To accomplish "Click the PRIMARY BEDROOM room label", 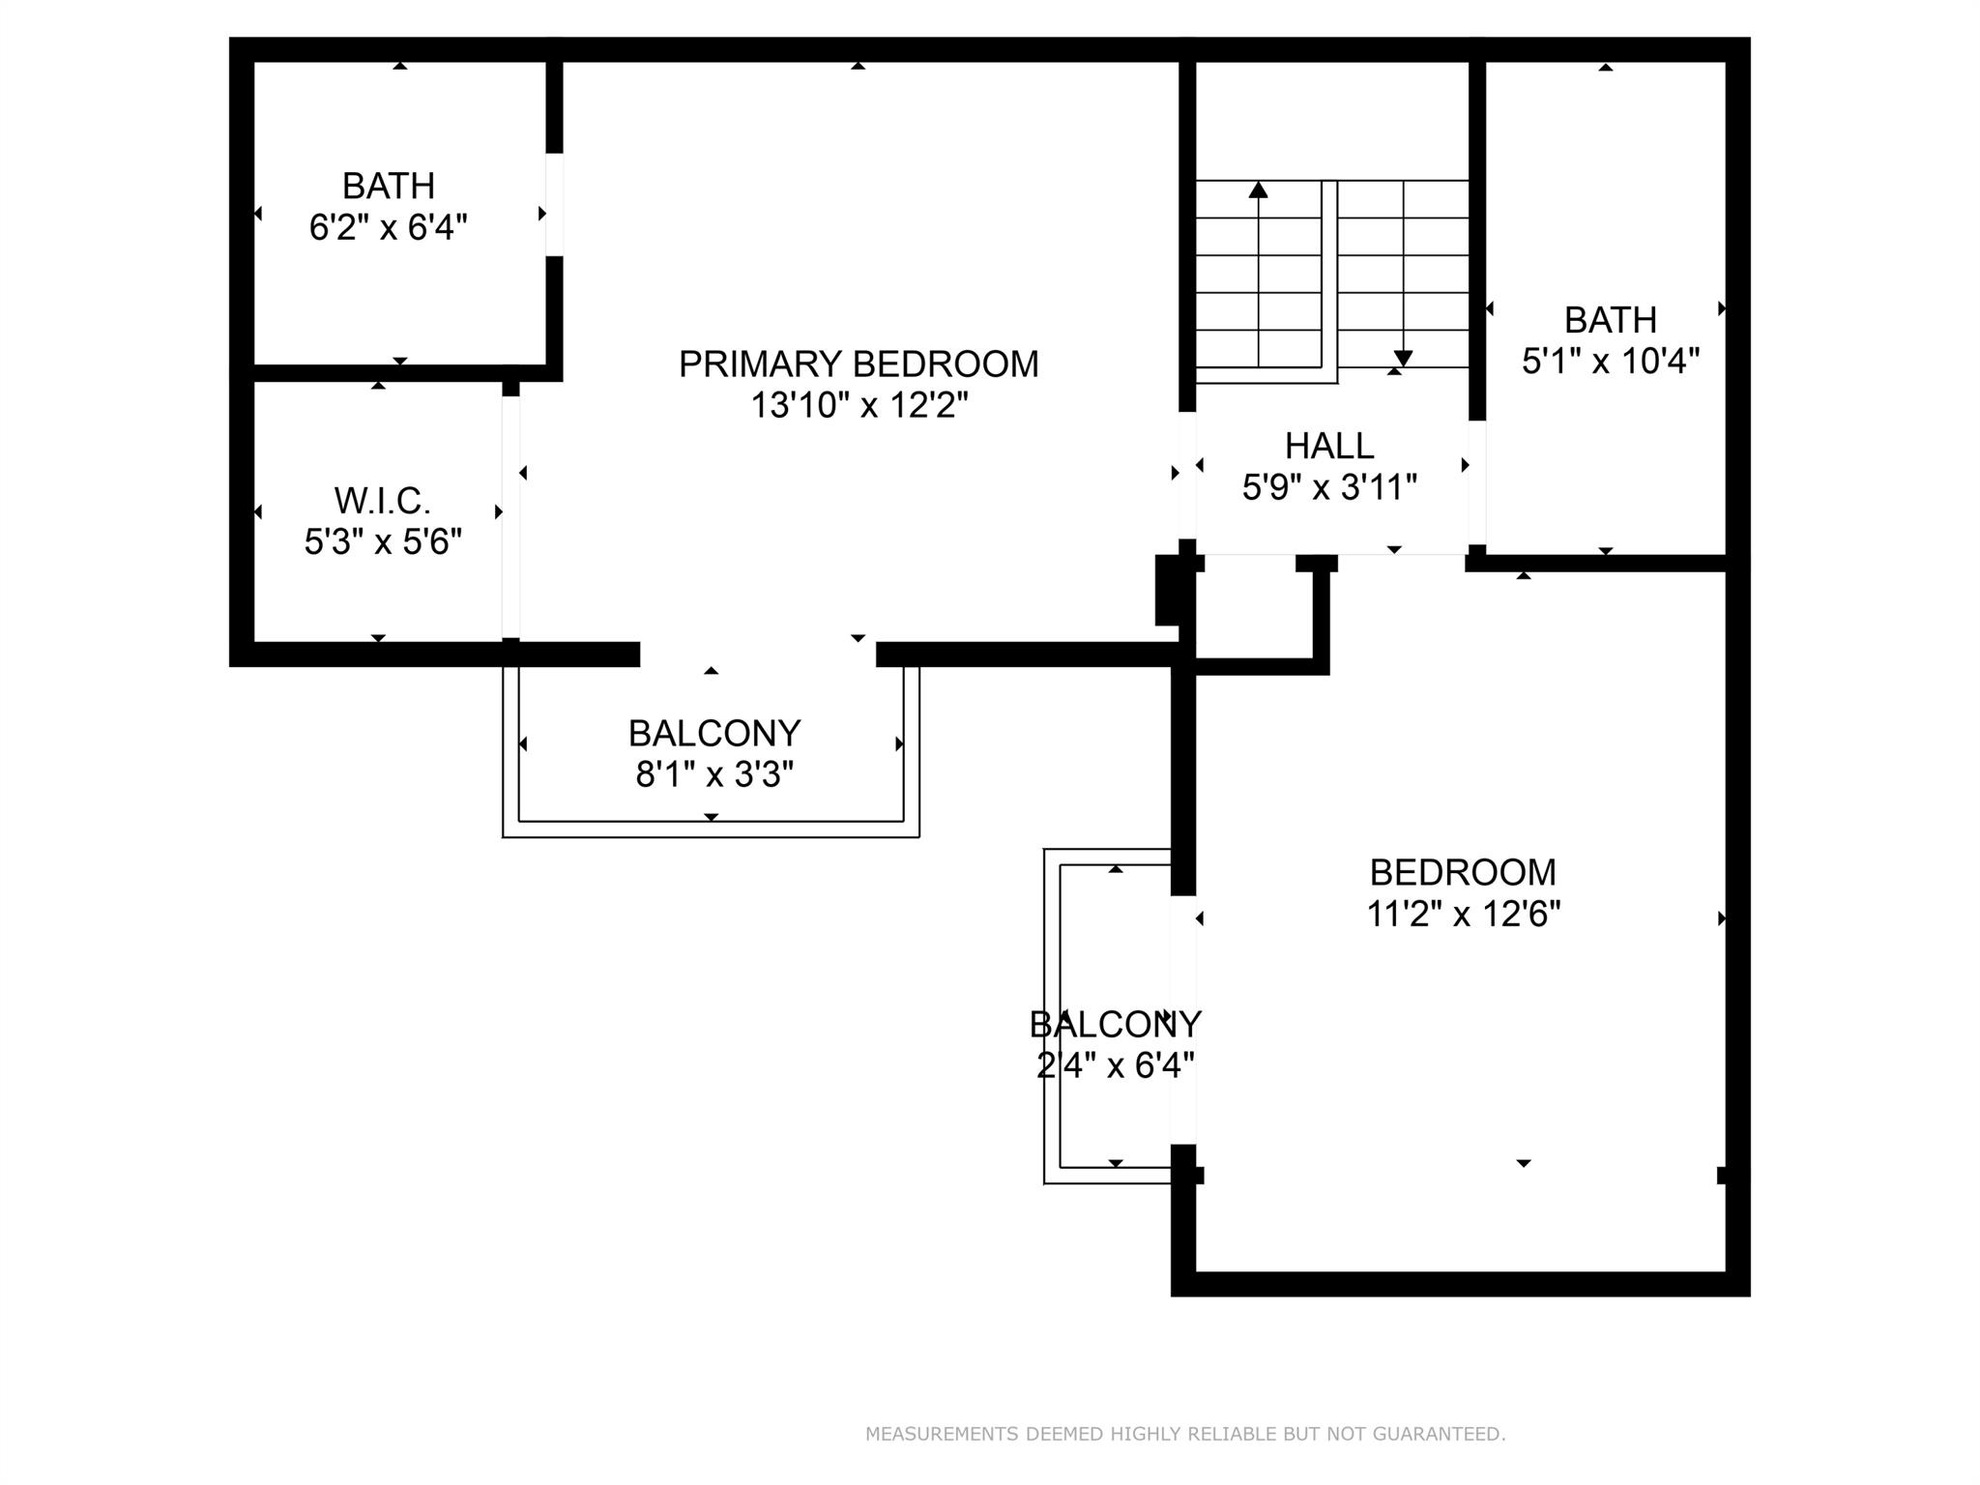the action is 859,364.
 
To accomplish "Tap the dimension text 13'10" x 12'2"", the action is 859,405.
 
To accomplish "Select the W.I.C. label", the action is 383,501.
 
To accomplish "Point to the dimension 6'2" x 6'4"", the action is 389,228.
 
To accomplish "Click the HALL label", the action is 1329,446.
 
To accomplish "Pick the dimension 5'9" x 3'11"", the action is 1329,487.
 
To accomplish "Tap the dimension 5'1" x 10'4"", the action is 1611,362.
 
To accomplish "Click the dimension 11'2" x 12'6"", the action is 1463,914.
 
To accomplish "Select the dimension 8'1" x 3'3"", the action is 714,774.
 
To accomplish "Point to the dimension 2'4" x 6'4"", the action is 1116,1065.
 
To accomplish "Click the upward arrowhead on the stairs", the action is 1258,189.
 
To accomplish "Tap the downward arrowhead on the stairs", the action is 1403,359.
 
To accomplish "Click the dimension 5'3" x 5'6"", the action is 384,542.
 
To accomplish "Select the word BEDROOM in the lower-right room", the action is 1463,873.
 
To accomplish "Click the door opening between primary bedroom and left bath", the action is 554,204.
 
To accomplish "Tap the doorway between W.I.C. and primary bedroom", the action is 510,517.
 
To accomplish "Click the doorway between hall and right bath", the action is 1476,483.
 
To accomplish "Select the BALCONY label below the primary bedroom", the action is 714,734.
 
